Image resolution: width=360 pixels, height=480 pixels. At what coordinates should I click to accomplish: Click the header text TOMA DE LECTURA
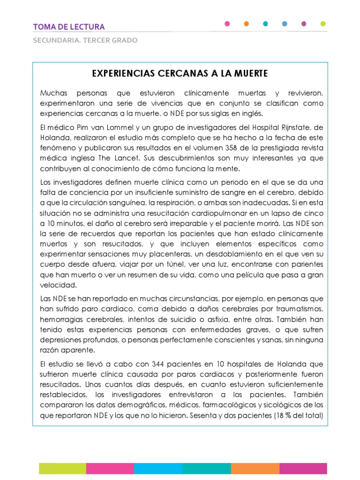pos(69,27)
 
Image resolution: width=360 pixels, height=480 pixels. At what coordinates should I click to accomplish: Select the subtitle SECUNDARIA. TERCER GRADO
pos(85,40)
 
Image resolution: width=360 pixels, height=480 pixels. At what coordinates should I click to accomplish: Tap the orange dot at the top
pos(247,23)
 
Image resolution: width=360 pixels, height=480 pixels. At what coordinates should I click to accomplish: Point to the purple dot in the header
pos(304,23)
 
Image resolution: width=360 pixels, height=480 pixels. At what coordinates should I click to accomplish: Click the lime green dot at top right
pos(323,23)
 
